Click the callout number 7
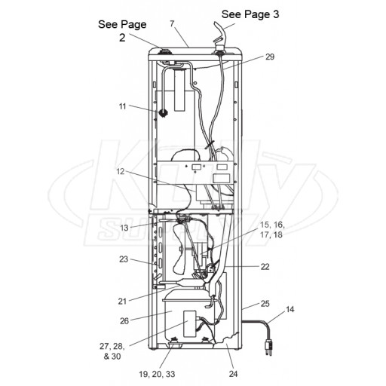[x=172, y=23]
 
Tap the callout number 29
[x=270, y=57]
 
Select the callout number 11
[x=122, y=106]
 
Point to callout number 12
[x=121, y=171]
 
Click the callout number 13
[x=124, y=228]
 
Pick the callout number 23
[x=124, y=259]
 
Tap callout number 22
[x=265, y=267]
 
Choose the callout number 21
[x=122, y=301]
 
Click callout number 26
[x=124, y=321]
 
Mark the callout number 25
[x=265, y=304]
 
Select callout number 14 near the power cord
[x=289, y=309]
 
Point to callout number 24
[x=233, y=374]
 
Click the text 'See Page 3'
[x=250, y=14]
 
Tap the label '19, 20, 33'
[x=157, y=374]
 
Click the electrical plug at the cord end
[x=268, y=347]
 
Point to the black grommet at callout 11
[x=163, y=113]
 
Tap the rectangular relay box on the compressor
[x=190, y=323]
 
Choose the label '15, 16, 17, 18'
[x=271, y=230]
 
